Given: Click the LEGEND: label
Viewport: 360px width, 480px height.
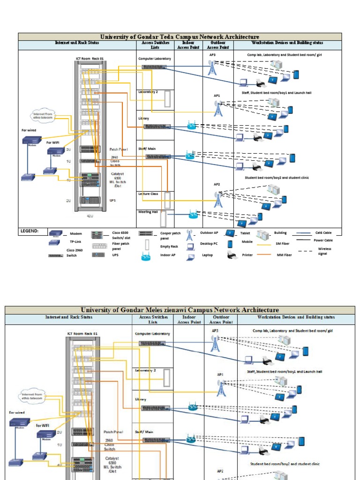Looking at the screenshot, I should pyautogui.click(x=29, y=231).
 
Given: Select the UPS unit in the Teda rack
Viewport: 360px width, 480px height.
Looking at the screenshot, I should pyautogui.click(x=90, y=200).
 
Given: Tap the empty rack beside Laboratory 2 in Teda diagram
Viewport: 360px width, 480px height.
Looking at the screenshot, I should pyautogui.click(x=167, y=99).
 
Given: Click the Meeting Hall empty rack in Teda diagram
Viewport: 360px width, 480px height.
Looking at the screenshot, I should pyautogui.click(x=163, y=218).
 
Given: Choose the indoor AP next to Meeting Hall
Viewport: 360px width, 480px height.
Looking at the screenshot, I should pyautogui.click(x=193, y=215).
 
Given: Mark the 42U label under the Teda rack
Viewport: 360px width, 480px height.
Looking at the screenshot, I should pyautogui.click(x=90, y=216).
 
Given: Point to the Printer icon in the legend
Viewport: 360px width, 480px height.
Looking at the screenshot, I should pyautogui.click(x=232, y=255).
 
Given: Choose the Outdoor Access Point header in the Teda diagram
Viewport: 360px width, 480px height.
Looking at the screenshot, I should pyautogui.click(x=218, y=45).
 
